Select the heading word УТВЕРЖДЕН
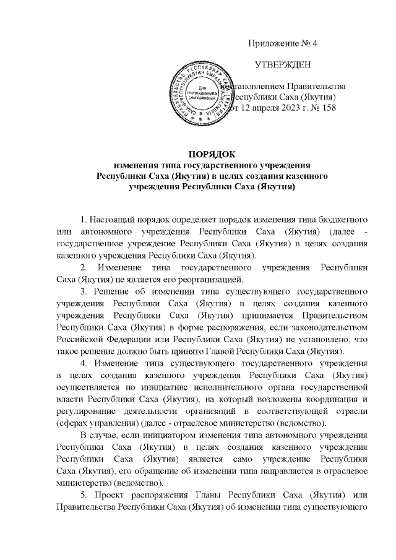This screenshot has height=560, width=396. coord(283,65)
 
